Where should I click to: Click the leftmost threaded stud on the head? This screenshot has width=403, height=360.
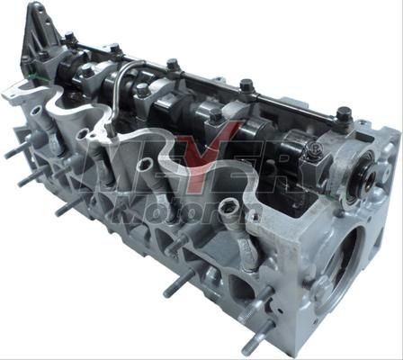coord(15,149)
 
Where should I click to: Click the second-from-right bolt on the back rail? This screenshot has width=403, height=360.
coord(245,86)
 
